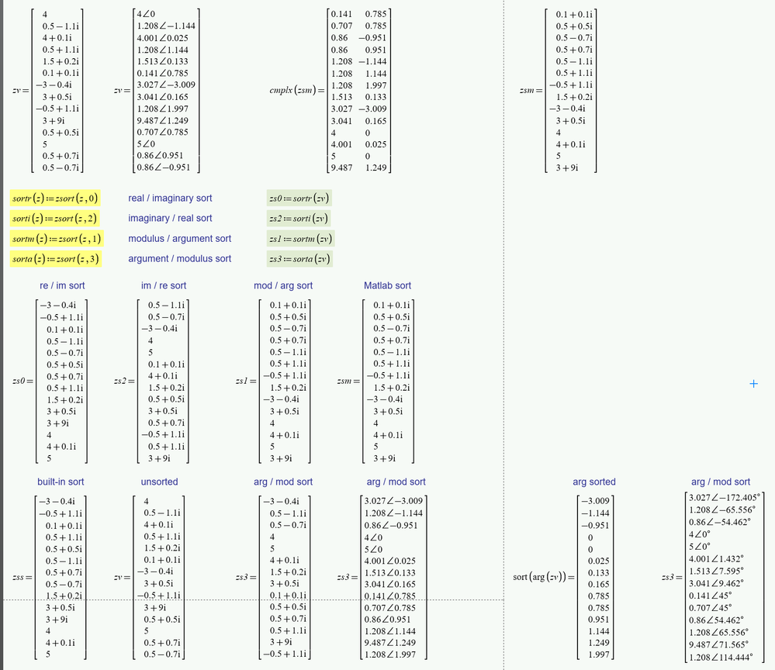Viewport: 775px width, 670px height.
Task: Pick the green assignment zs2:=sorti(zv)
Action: point(299,219)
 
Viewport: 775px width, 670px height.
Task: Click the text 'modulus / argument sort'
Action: point(180,239)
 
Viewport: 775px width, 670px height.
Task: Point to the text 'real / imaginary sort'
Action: point(170,199)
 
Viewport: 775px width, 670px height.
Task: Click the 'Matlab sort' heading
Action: point(387,286)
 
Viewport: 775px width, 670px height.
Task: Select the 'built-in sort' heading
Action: point(61,482)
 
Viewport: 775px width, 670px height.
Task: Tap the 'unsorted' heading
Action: point(159,482)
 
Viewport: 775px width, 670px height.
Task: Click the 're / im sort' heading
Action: point(61,286)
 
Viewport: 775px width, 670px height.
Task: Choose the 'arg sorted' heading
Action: point(593,482)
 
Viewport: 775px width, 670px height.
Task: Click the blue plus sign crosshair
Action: point(753,383)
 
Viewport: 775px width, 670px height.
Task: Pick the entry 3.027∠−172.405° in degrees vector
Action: point(726,497)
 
